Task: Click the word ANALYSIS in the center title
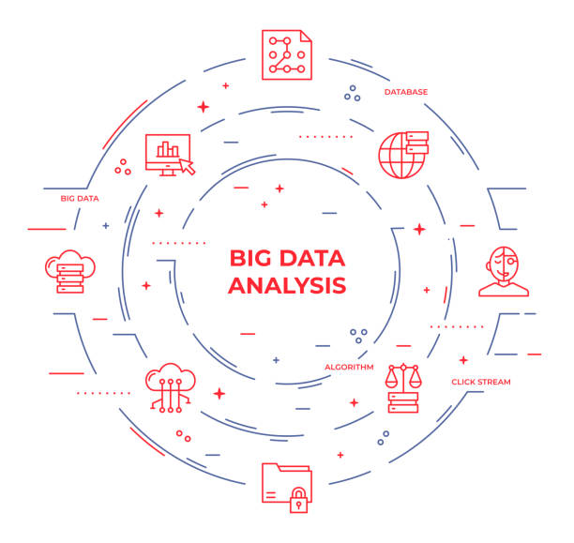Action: pos(287,286)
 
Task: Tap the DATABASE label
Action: pos(406,92)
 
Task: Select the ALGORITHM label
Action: pos(349,368)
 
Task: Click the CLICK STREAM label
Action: pos(481,382)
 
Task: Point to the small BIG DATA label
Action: pos(80,199)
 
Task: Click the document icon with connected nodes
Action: pos(287,55)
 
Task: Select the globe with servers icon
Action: pos(403,155)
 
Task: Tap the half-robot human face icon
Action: pos(504,271)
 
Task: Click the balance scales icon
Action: pos(403,388)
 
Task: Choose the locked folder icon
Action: pos(287,488)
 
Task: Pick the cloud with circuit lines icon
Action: pos(171,388)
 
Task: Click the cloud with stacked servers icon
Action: pos(70,271)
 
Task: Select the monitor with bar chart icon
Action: pos(171,155)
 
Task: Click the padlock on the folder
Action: pos(299,500)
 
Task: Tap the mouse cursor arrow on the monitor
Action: pos(188,167)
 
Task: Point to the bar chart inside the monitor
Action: pos(168,149)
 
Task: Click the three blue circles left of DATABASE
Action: pos(352,94)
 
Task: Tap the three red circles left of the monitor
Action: pos(123,167)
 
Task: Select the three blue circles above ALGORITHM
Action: pos(358,336)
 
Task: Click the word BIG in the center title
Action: pos(252,258)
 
